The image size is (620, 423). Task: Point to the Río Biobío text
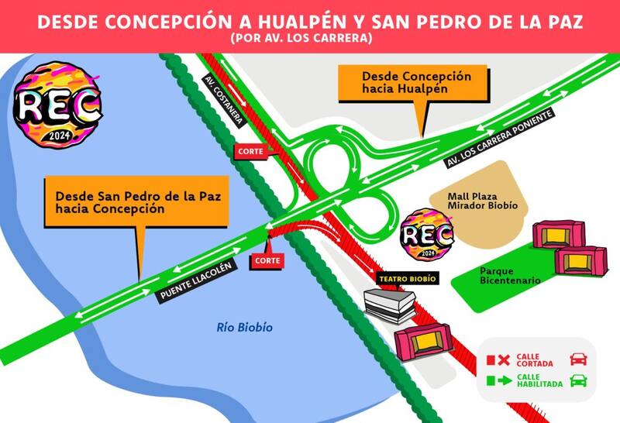(x=245, y=328)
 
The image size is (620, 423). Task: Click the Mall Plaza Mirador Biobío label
(x=482, y=201)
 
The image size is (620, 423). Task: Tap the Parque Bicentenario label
(x=509, y=277)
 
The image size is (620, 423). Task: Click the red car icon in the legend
(x=577, y=359)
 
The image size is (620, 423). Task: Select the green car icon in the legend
(x=577, y=380)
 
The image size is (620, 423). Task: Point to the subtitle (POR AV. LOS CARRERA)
(x=309, y=38)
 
